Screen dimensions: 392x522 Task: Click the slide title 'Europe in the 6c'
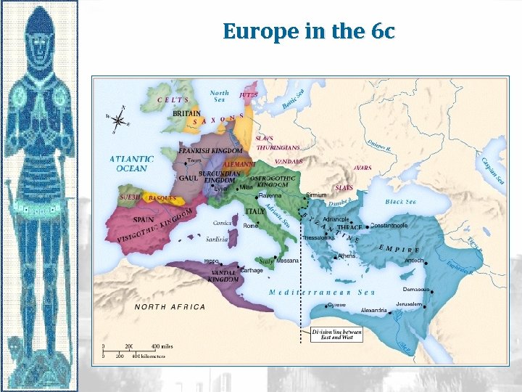[309, 31]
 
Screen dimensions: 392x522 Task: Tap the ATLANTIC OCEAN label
[131, 163]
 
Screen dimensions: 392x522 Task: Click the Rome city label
[250, 225]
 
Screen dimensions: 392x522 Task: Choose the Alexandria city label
[374, 310]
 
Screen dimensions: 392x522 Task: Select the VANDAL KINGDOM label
[223, 275]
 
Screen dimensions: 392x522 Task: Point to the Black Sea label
[401, 202]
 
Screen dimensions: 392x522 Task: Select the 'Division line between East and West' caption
[336, 335]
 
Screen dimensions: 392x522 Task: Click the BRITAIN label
[187, 114]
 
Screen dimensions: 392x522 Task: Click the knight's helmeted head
[39, 29]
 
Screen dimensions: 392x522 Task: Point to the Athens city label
[347, 256]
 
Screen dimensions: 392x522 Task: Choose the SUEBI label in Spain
[130, 197]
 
